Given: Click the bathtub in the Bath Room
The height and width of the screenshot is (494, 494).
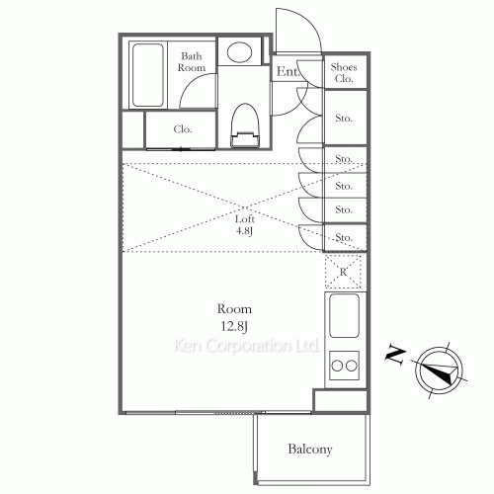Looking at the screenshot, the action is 148,75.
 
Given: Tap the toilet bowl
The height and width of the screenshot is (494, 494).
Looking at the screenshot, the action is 244,125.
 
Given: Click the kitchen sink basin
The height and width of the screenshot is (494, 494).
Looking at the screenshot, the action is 344,315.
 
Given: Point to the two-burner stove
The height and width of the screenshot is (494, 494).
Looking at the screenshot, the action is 344,366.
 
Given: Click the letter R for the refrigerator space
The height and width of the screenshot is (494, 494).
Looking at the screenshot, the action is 343,272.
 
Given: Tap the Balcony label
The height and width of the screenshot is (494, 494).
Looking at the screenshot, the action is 310,450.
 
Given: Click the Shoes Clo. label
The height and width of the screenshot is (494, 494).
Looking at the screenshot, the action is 344,73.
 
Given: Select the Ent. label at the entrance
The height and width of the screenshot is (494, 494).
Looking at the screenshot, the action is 288,71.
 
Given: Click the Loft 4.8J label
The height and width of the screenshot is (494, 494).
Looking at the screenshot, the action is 244,225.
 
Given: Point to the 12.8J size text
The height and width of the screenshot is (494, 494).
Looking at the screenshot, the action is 234,326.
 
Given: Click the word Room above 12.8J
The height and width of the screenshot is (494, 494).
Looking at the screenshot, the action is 234,309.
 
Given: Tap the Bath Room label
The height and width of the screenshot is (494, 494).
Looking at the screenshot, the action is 192,62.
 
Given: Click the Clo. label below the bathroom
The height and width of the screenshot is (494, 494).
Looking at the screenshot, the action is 183,129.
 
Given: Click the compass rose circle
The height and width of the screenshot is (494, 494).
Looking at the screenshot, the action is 440,370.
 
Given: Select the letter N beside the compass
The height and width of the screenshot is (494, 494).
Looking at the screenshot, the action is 395,355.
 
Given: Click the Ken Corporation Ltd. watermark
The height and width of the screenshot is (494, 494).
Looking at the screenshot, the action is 247,346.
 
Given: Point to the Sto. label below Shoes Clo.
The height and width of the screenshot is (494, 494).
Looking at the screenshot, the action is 344,118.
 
